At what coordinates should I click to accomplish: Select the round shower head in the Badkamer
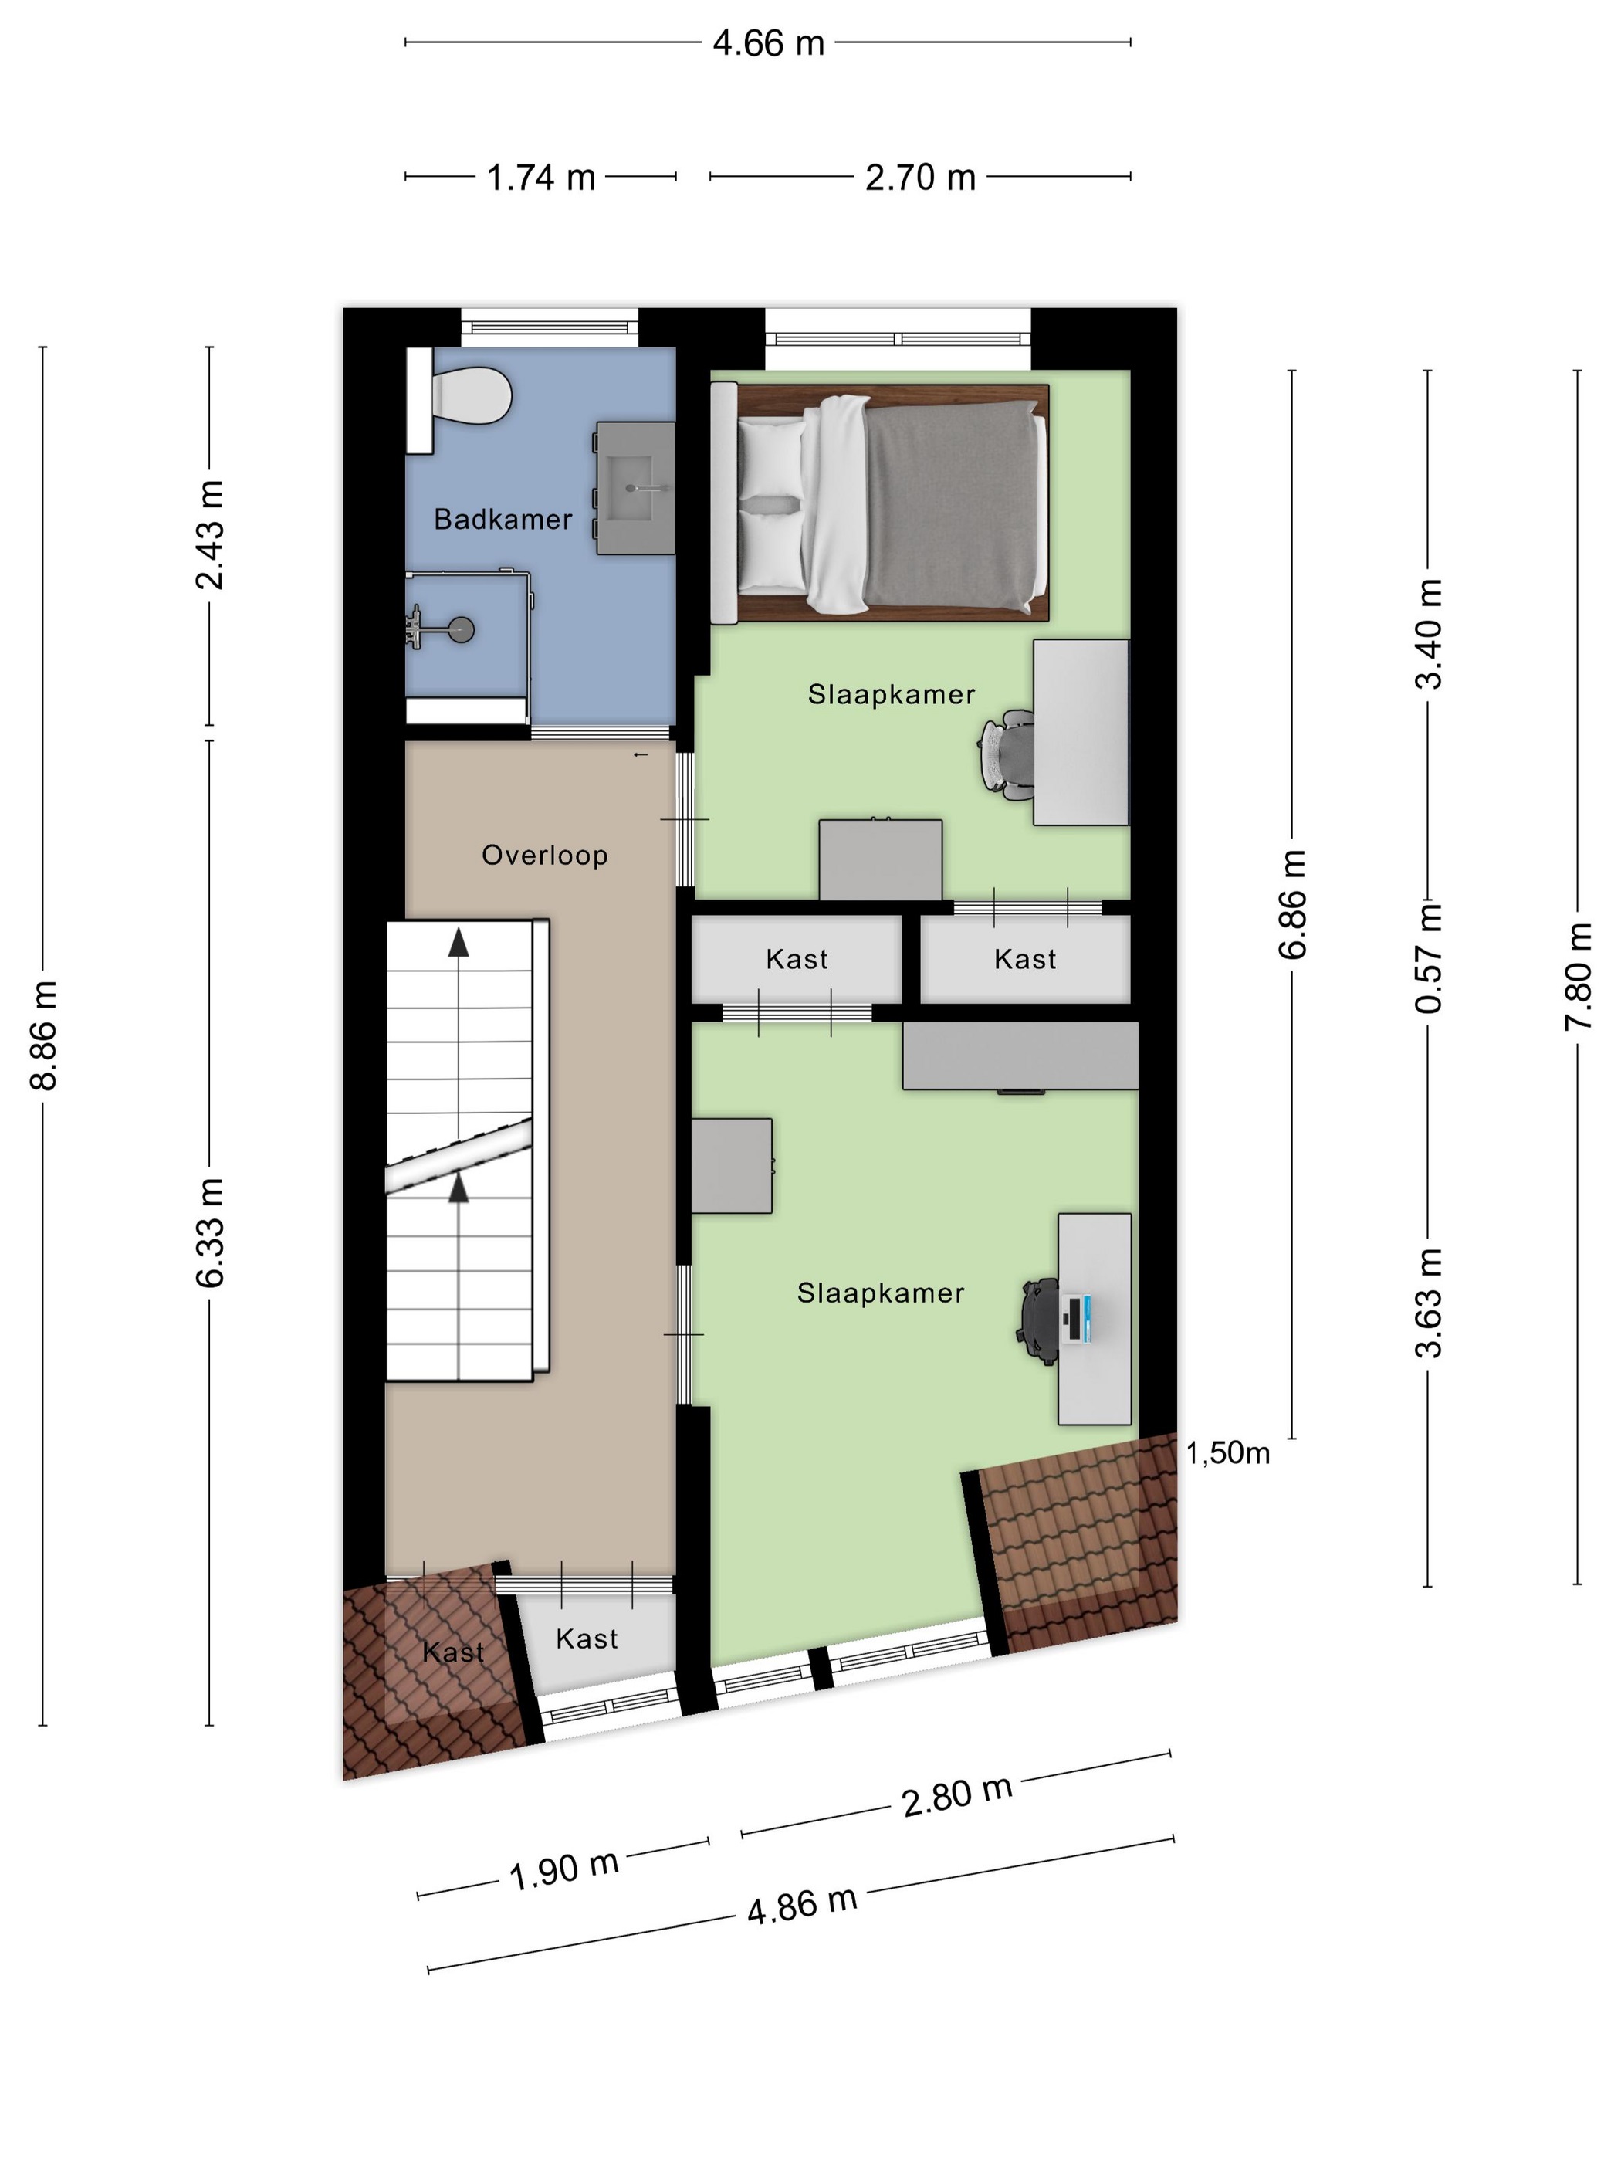[x=461, y=629]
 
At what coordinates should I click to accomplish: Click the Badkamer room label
[x=503, y=519]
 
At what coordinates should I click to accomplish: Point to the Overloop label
[x=544, y=856]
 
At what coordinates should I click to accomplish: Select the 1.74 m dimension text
[x=541, y=177]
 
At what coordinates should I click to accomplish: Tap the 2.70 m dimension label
[x=920, y=177]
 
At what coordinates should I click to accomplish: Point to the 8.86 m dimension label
[x=45, y=1035]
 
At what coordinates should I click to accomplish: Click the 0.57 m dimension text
[x=1429, y=957]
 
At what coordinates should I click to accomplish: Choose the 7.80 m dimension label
[x=1578, y=975]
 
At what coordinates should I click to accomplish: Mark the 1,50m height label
[x=1228, y=1453]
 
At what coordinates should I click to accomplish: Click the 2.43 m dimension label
[x=210, y=534]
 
